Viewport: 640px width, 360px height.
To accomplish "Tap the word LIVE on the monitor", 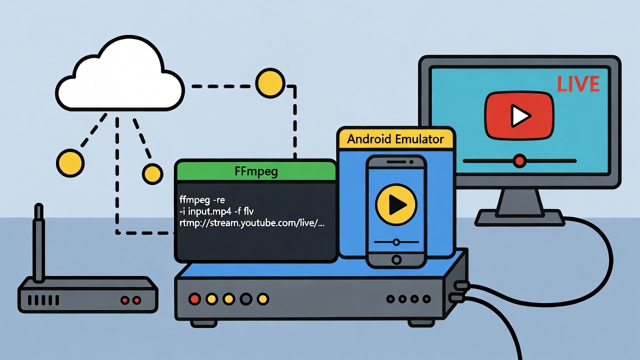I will pos(578,84).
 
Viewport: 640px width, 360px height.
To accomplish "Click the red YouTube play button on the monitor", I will pos(519,115).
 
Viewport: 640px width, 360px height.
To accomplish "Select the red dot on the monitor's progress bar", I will pos(520,161).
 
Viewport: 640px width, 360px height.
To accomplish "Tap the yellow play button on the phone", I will pos(396,203).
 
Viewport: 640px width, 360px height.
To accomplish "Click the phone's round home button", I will pos(396,259).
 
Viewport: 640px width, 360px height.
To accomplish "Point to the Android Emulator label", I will pos(395,138).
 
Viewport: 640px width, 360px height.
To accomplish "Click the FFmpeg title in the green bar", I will pos(256,171).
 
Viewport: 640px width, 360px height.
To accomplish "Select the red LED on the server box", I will pos(194,299).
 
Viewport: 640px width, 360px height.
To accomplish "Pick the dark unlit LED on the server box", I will pos(245,299).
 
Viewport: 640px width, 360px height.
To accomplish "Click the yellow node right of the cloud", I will pos(270,81).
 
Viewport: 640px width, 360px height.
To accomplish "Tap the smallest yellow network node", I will pos(152,173).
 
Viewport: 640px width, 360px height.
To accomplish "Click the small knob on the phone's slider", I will pos(396,242).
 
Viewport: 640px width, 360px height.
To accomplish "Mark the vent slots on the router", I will pos(43,300).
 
